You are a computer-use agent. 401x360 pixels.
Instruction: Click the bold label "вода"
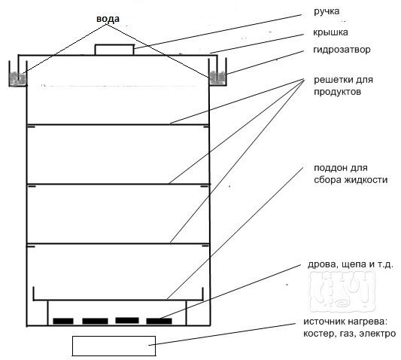tap(108, 19)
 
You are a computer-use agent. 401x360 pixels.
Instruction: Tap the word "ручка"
tap(327, 12)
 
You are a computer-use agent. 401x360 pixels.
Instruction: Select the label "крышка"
tap(330, 32)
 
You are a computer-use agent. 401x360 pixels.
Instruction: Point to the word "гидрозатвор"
tap(342, 50)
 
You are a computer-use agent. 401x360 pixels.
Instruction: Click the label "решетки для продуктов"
tap(343, 86)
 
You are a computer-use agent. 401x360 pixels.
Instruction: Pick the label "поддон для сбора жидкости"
tap(351, 174)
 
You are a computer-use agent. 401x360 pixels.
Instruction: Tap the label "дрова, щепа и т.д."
tap(350, 264)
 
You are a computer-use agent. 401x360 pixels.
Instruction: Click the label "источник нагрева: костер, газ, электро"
tap(350, 328)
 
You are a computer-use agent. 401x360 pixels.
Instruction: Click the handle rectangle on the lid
tap(114, 50)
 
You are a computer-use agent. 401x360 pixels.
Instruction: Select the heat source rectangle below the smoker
tap(114, 346)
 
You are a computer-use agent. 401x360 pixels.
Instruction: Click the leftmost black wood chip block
tap(63, 321)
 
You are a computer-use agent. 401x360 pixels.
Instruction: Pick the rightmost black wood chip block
tap(159, 321)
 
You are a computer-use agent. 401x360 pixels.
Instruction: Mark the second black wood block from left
tap(95, 321)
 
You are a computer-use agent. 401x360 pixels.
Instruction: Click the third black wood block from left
tap(127, 320)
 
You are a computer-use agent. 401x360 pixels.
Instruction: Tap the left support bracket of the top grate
tap(32, 127)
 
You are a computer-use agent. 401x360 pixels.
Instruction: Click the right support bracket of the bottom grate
tap(205, 246)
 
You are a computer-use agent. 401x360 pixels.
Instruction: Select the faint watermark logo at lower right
tap(342, 291)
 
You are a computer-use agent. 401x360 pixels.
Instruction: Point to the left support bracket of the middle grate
tap(32, 186)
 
